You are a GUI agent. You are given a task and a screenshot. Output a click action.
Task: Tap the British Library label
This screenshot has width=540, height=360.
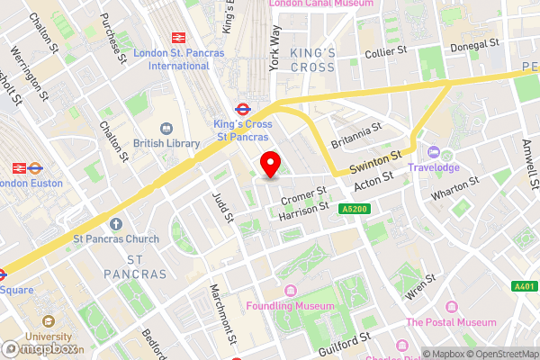coord(167,143)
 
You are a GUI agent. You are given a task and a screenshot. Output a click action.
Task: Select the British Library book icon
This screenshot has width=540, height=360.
coord(167,128)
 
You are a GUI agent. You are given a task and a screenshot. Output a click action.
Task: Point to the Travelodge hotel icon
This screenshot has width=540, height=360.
coord(434,152)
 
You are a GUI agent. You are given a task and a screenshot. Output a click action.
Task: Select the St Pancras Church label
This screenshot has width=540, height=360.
coord(116,238)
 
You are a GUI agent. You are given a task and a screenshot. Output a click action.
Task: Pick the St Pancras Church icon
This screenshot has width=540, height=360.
coord(116,223)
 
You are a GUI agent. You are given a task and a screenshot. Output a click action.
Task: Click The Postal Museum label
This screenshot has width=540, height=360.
coord(451,321)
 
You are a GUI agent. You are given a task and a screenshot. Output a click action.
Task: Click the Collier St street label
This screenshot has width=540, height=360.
coord(388,53)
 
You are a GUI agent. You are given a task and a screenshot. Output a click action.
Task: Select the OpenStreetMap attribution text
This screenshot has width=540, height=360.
coord(502,353)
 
